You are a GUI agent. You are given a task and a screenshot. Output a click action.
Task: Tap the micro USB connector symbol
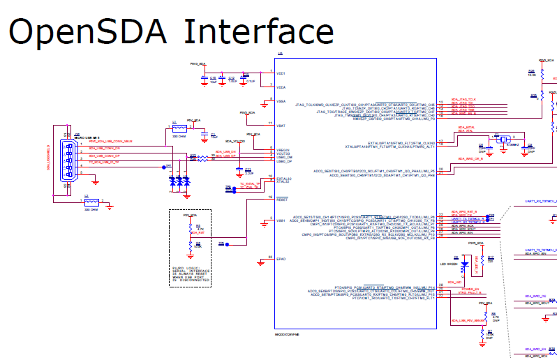coord(66,161)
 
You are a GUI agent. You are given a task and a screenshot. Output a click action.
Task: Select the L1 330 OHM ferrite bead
coord(177,129)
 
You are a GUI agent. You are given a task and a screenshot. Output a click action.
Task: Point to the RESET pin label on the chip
coord(282,200)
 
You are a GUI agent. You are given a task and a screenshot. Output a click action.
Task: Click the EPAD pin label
coord(281,259)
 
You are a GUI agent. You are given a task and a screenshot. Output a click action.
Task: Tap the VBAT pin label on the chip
coord(281,125)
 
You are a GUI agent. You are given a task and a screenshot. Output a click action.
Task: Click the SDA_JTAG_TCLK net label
coord(463,100)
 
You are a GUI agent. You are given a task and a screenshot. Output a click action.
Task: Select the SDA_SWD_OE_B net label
coord(472,159)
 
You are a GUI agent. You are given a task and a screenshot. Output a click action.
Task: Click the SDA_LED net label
coord(455,282)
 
